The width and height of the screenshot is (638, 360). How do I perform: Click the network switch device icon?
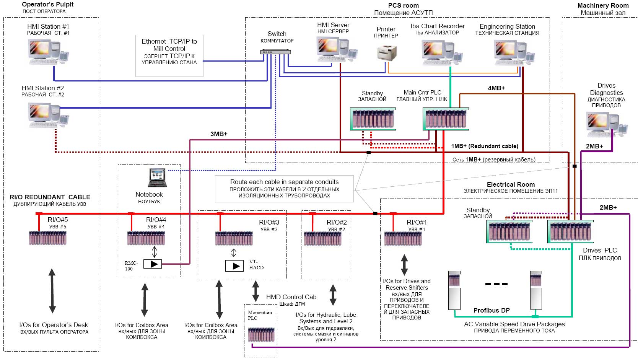click(275, 52)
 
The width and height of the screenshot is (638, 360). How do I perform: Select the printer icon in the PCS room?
click(387, 53)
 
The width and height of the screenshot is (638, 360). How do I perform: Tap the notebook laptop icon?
click(157, 178)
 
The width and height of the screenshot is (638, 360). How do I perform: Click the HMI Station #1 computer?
click(49, 52)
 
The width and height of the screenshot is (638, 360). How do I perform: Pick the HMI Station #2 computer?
click(49, 116)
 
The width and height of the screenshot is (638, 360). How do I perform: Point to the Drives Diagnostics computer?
click(607, 125)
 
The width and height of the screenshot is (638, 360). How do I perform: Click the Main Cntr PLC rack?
click(446, 119)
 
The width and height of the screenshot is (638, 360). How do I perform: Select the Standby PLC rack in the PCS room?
click(373, 119)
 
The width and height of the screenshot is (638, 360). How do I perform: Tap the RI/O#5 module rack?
click(48, 238)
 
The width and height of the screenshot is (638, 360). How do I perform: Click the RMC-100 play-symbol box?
click(152, 264)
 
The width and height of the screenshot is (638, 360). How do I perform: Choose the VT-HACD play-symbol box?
click(234, 266)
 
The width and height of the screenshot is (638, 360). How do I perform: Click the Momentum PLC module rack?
click(261, 334)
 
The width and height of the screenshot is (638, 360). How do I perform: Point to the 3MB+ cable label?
click(219, 134)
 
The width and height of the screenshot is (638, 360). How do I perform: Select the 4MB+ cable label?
click(496, 88)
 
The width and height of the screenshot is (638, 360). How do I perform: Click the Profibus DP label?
click(492, 310)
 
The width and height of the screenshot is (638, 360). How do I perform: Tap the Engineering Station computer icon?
click(514, 53)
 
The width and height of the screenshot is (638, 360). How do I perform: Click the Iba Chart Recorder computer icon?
click(442, 53)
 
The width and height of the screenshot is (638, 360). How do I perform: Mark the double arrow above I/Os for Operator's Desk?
click(52, 291)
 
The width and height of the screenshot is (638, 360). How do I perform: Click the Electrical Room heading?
click(511, 184)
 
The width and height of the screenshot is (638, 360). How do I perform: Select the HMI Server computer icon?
click(337, 50)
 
